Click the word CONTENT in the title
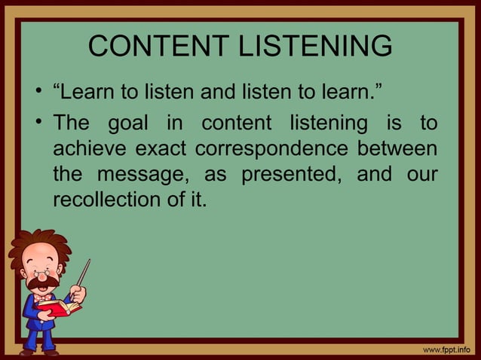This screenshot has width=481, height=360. pos(150,47)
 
